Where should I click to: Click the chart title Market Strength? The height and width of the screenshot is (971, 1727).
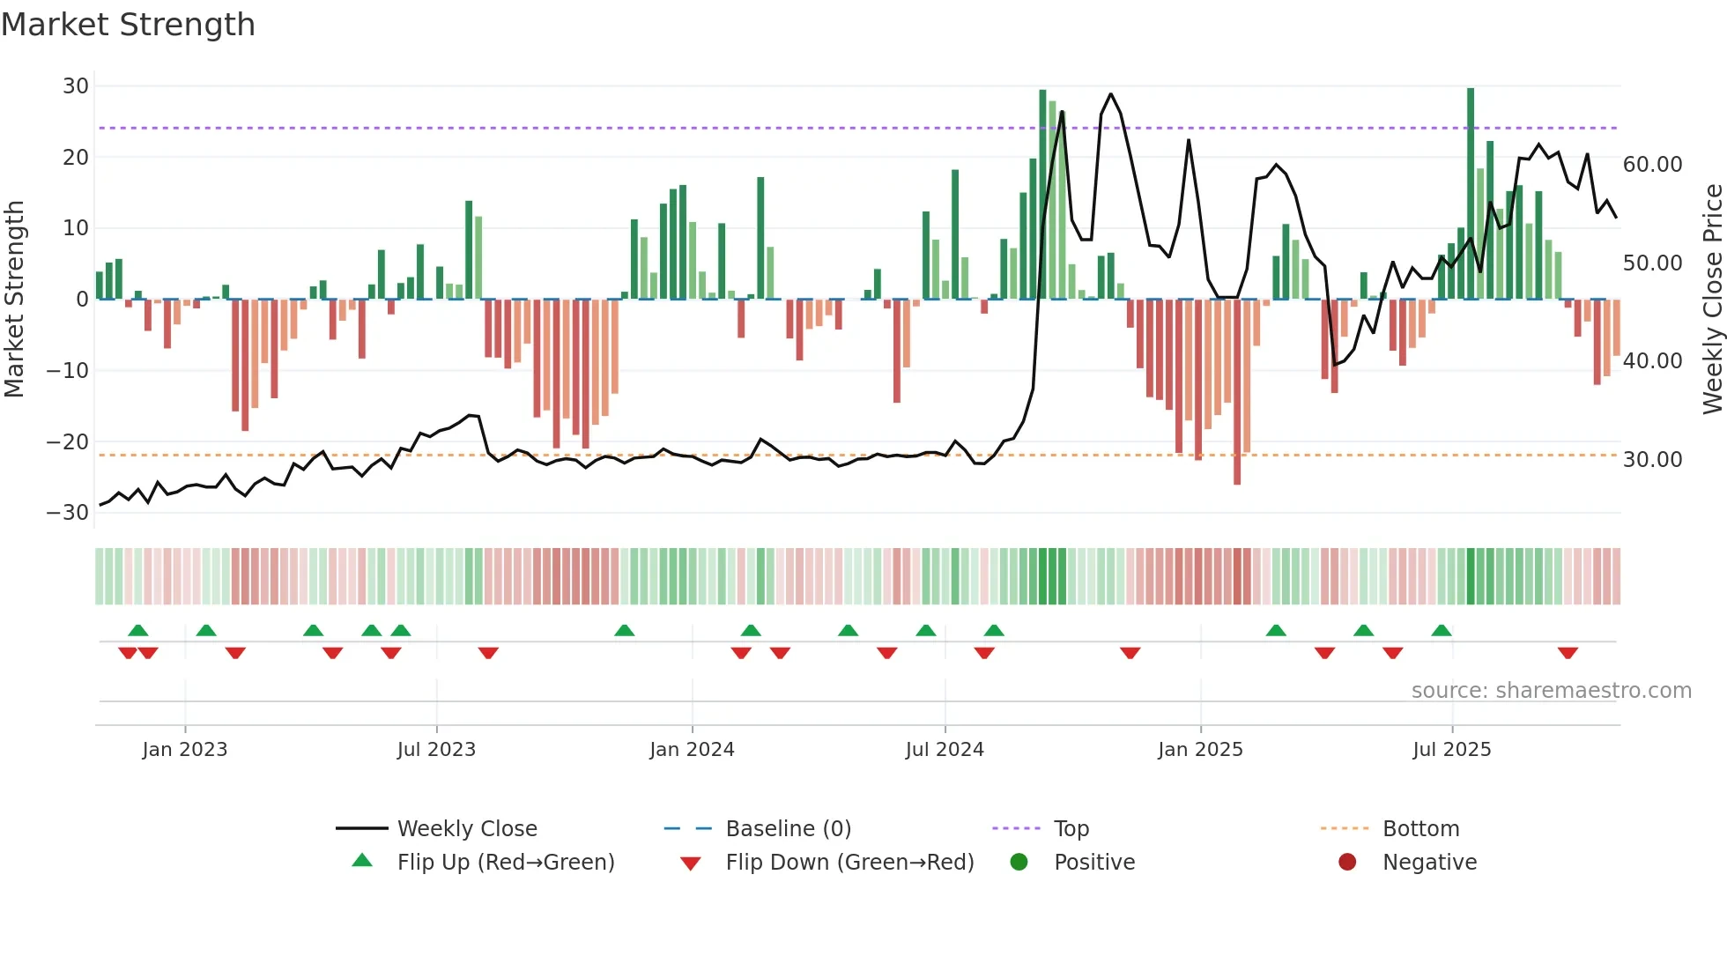point(128,25)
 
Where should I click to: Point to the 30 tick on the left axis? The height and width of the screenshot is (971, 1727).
point(76,86)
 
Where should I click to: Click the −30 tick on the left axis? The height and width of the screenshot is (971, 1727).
point(68,513)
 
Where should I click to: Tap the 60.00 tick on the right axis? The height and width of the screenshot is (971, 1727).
point(1652,165)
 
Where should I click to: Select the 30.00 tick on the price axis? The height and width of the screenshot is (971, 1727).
point(1652,460)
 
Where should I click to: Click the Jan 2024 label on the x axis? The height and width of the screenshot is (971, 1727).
point(692,750)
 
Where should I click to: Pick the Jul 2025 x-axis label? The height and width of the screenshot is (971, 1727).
point(1451,750)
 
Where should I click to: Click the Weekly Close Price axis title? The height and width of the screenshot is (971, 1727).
point(1712,300)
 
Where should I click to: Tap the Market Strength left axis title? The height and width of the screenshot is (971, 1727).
point(15,300)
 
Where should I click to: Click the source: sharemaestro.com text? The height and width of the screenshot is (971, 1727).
point(1551,691)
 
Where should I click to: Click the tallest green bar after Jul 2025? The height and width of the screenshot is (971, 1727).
point(1471,194)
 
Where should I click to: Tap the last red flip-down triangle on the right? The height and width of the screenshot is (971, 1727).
point(1568,653)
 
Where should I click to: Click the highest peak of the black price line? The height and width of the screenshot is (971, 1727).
point(1110,94)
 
